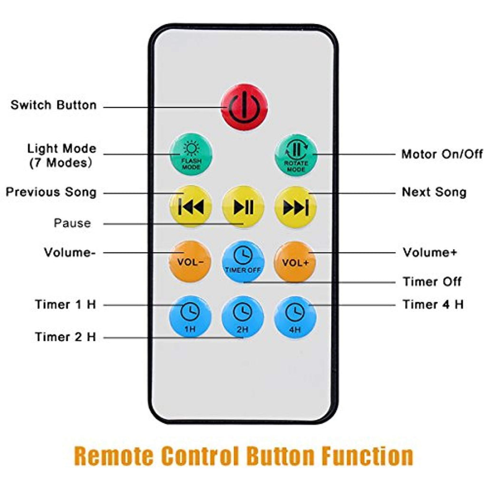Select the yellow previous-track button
coord(191,207)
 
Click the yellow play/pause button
coord(243,207)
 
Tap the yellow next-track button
coord(295,207)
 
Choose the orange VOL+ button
coord(295,262)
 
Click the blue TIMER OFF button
coord(243,262)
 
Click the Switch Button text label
coord(53,105)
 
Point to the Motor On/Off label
coord(442,154)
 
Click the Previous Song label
coord(51,192)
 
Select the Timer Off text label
coord(432,282)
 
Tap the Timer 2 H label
coord(65,337)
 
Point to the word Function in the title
coord(367,456)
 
